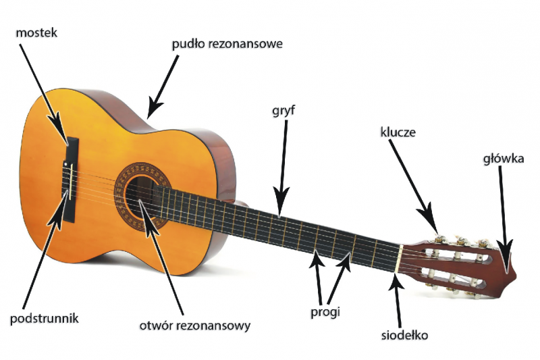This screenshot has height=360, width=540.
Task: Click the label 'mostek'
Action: tap(36, 33)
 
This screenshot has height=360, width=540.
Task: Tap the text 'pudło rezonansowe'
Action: tap(227, 45)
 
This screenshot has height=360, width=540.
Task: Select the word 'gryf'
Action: tap(283, 111)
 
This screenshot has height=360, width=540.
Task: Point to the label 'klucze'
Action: tap(398, 132)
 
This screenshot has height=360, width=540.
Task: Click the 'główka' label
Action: tap(504, 159)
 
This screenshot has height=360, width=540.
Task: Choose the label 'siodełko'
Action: tap(404, 335)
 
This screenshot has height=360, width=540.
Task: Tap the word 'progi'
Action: tap(325, 312)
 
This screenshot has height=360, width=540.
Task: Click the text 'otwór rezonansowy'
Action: tap(195, 326)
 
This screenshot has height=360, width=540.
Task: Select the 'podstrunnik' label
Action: tap(45, 318)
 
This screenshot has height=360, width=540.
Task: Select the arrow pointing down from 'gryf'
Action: tap(283, 168)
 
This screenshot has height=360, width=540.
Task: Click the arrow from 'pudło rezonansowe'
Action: tap(163, 87)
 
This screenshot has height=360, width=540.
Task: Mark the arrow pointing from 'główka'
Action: tap(504, 220)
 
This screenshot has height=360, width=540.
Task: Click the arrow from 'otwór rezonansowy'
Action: tap(161, 257)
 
